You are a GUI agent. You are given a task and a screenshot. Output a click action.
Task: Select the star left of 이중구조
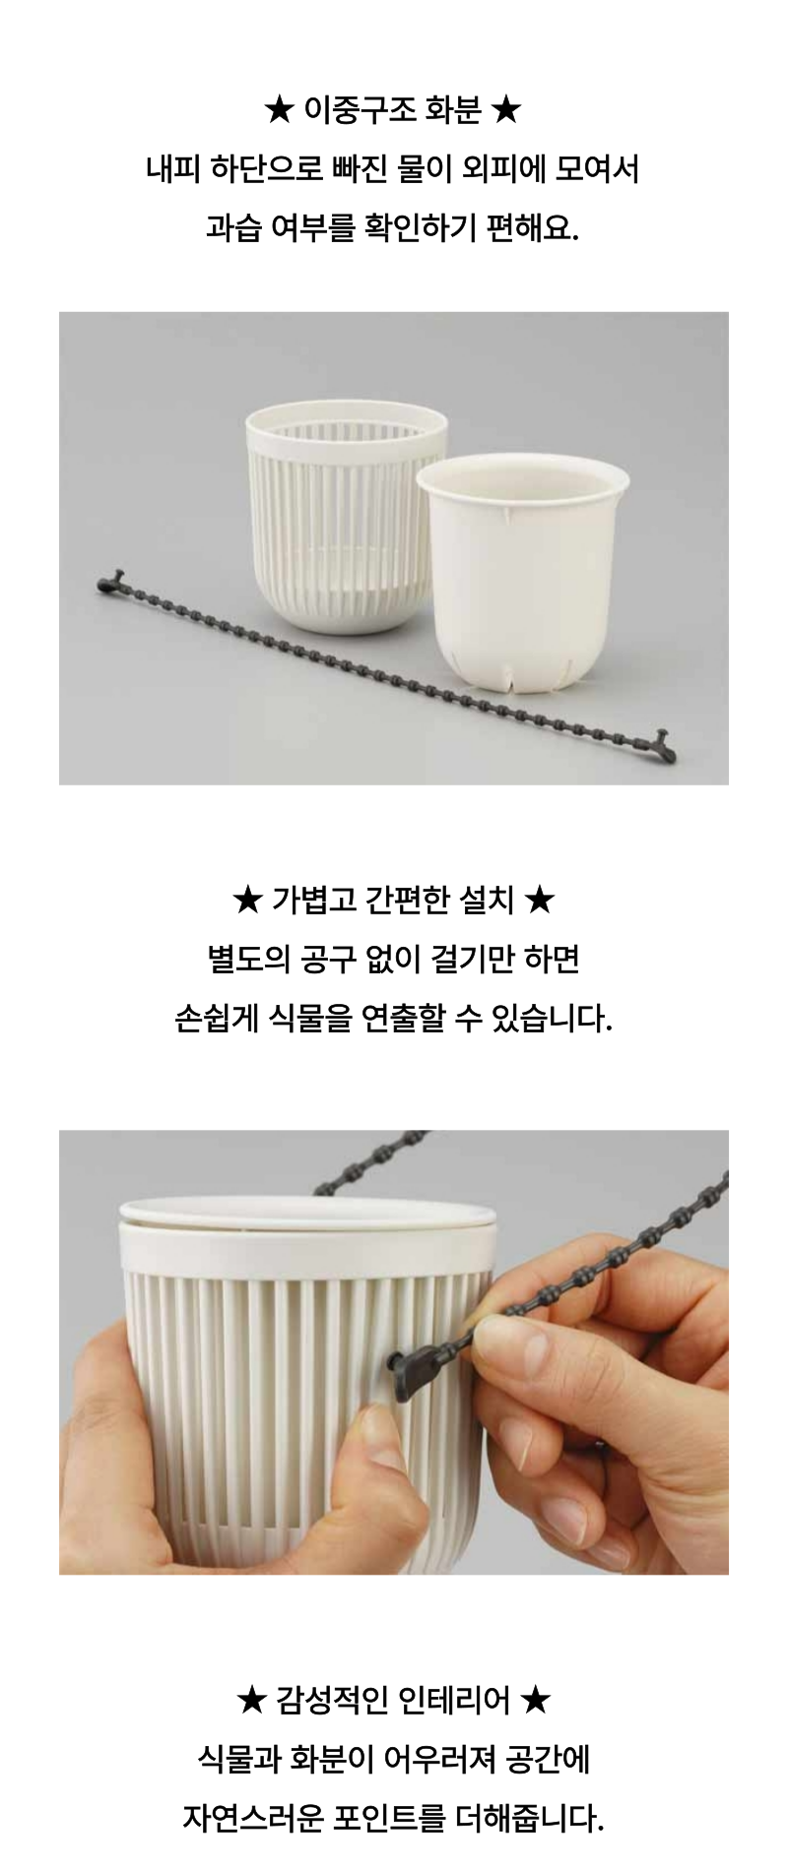click(x=279, y=110)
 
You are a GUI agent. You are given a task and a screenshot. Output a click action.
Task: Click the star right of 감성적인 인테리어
click(x=535, y=1699)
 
